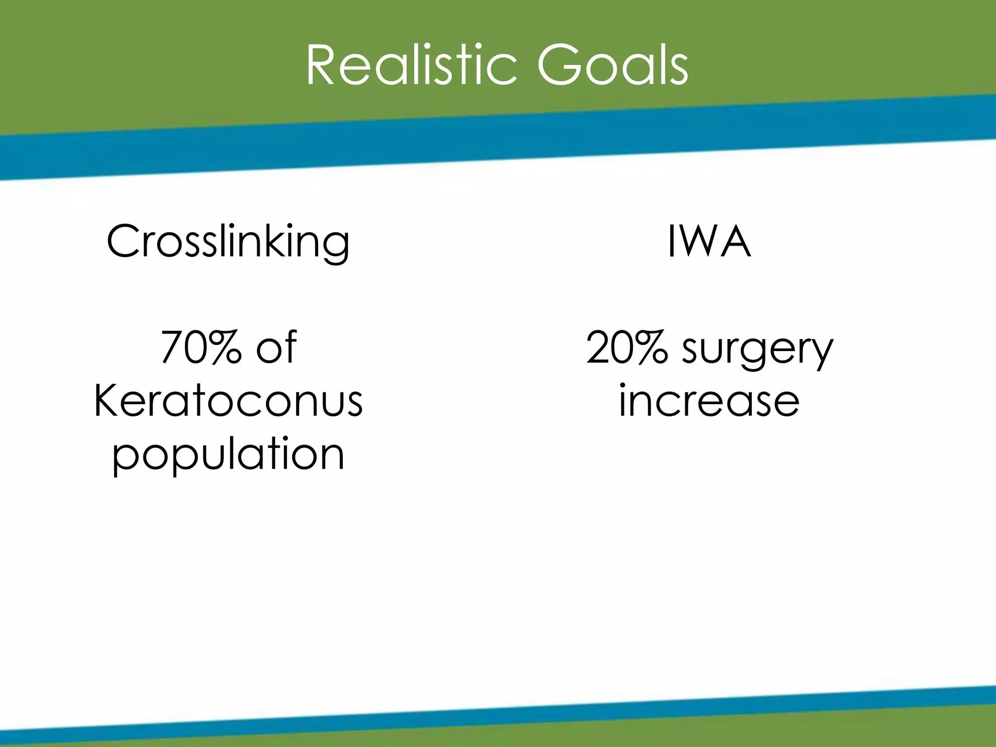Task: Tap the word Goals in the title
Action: pyautogui.click(x=613, y=66)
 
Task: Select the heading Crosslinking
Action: pyautogui.click(x=228, y=242)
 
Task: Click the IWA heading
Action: pyautogui.click(x=709, y=242)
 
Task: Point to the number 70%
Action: pyautogui.click(x=201, y=347)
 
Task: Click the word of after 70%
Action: pyautogui.click(x=276, y=347)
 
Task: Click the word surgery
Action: pyautogui.click(x=758, y=350)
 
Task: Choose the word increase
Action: pyautogui.click(x=709, y=402)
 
